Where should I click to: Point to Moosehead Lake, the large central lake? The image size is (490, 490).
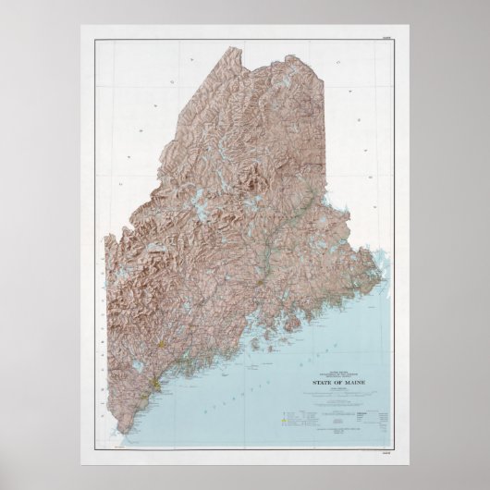coord(199,199)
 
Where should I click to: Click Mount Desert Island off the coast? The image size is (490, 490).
coord(305,304)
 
